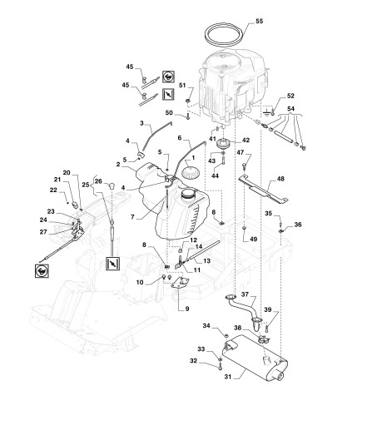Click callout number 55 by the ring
[x=259, y=22]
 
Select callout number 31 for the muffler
[x=228, y=377]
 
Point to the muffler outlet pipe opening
[x=279, y=376]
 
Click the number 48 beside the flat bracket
[x=280, y=179]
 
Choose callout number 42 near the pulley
[x=245, y=141]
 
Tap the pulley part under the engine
[x=224, y=144]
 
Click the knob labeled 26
[x=112, y=185]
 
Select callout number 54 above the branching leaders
[x=290, y=109]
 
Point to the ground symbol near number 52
[x=266, y=112]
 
